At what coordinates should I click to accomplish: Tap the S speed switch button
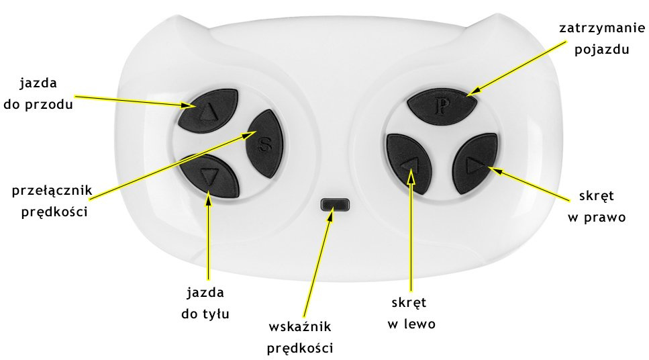pyautogui.click(x=265, y=144)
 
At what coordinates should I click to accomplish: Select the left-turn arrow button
pyautogui.click(x=409, y=163)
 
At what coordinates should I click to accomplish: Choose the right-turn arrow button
pyautogui.click(x=475, y=163)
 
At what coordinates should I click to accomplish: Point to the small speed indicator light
pyautogui.click(x=335, y=204)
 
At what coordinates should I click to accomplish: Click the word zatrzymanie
pyautogui.click(x=602, y=28)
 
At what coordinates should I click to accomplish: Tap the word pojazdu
pyautogui.click(x=602, y=50)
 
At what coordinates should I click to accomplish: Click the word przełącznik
pyautogui.click(x=52, y=191)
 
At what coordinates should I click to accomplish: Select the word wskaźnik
pyautogui.click(x=300, y=326)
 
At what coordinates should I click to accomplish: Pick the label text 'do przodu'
pyautogui.click(x=38, y=104)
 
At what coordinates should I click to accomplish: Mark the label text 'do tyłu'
pyautogui.click(x=205, y=314)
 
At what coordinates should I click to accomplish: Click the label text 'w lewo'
pyautogui.click(x=411, y=324)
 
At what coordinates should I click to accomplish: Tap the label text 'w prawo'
pyautogui.click(x=597, y=218)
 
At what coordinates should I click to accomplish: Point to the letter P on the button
pyautogui.click(x=442, y=106)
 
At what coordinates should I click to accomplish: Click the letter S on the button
pyautogui.click(x=265, y=144)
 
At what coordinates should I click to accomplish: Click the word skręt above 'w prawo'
pyautogui.click(x=597, y=195)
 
